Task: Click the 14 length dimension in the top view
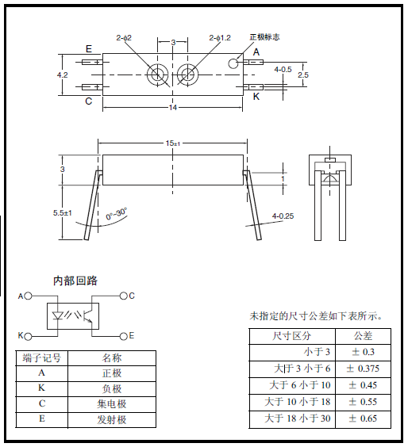coord(173,108)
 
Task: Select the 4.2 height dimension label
coord(62,75)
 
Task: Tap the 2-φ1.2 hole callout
coord(220,37)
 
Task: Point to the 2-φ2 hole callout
coord(124,37)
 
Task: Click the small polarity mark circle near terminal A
coord(233,63)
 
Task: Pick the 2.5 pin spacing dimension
coord(303,74)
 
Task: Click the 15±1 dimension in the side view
coord(173,143)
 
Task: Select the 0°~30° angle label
coord(117,214)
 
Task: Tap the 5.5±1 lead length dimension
coord(62,213)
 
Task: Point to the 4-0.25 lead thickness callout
coord(283,216)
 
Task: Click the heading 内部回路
coord(75,281)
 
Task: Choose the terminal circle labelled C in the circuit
coord(123,296)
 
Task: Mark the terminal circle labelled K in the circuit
coord(28,337)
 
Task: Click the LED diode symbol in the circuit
coord(58,315)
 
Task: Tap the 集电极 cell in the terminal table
coord(112,403)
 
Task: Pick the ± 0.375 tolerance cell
coord(363,369)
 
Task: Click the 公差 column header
coord(363,336)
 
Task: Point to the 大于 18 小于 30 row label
coord(298,418)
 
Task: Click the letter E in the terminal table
coord(42,418)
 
